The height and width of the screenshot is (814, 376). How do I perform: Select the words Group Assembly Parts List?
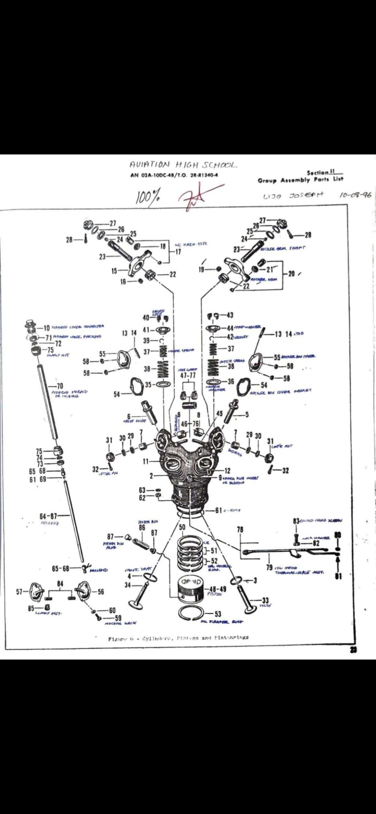tap(300, 180)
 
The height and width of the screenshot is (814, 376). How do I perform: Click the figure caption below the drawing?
tap(179, 638)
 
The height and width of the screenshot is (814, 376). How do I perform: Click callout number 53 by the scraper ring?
tap(218, 614)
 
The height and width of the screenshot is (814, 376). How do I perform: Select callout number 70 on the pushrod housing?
tap(60, 385)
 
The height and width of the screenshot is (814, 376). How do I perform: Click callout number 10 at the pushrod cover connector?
tap(47, 327)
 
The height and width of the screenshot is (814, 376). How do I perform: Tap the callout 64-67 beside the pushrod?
tap(48, 515)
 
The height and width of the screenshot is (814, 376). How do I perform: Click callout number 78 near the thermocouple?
tap(240, 529)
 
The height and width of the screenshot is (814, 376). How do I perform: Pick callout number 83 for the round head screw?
tap(296, 521)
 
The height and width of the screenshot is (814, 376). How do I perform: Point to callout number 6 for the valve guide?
tap(129, 416)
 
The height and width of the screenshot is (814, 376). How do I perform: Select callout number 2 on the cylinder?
tap(151, 476)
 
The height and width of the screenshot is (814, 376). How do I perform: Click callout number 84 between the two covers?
tap(60, 583)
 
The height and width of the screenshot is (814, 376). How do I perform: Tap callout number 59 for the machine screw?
tap(118, 617)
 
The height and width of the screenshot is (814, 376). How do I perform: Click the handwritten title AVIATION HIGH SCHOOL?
tap(183, 165)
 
